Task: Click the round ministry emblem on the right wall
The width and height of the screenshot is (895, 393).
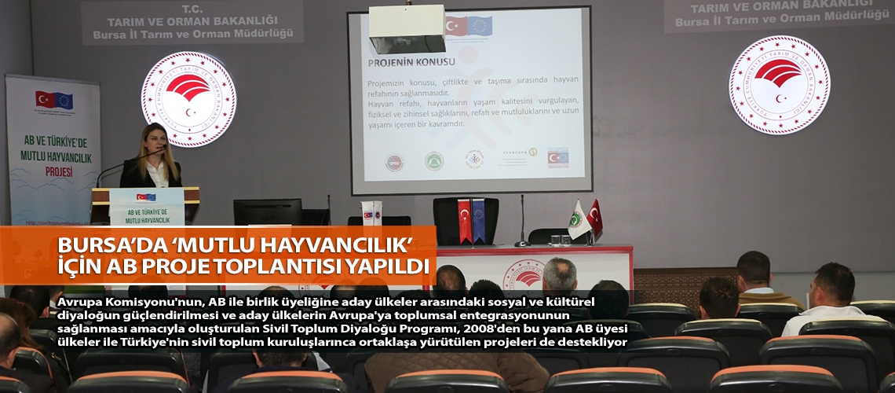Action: click(x=778, y=85)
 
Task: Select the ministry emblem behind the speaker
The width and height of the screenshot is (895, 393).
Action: click(x=188, y=98)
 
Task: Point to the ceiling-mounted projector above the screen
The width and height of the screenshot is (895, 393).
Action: click(x=406, y=28)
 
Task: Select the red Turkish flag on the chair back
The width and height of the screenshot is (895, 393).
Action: click(x=464, y=220)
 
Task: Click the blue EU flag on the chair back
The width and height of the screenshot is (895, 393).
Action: click(x=478, y=220)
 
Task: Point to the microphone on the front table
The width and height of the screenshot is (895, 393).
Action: click(x=521, y=224)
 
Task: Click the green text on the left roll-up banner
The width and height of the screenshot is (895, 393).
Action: click(x=53, y=149)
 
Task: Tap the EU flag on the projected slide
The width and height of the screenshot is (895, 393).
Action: click(x=480, y=26)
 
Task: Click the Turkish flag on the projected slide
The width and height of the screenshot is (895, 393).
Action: click(x=456, y=26)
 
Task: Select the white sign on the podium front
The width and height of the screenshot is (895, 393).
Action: click(x=146, y=207)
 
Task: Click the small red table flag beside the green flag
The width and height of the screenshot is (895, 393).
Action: click(x=595, y=217)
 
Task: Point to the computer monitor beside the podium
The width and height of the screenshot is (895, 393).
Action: click(x=267, y=212)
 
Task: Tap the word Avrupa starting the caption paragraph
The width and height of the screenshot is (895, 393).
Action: click(x=82, y=302)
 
